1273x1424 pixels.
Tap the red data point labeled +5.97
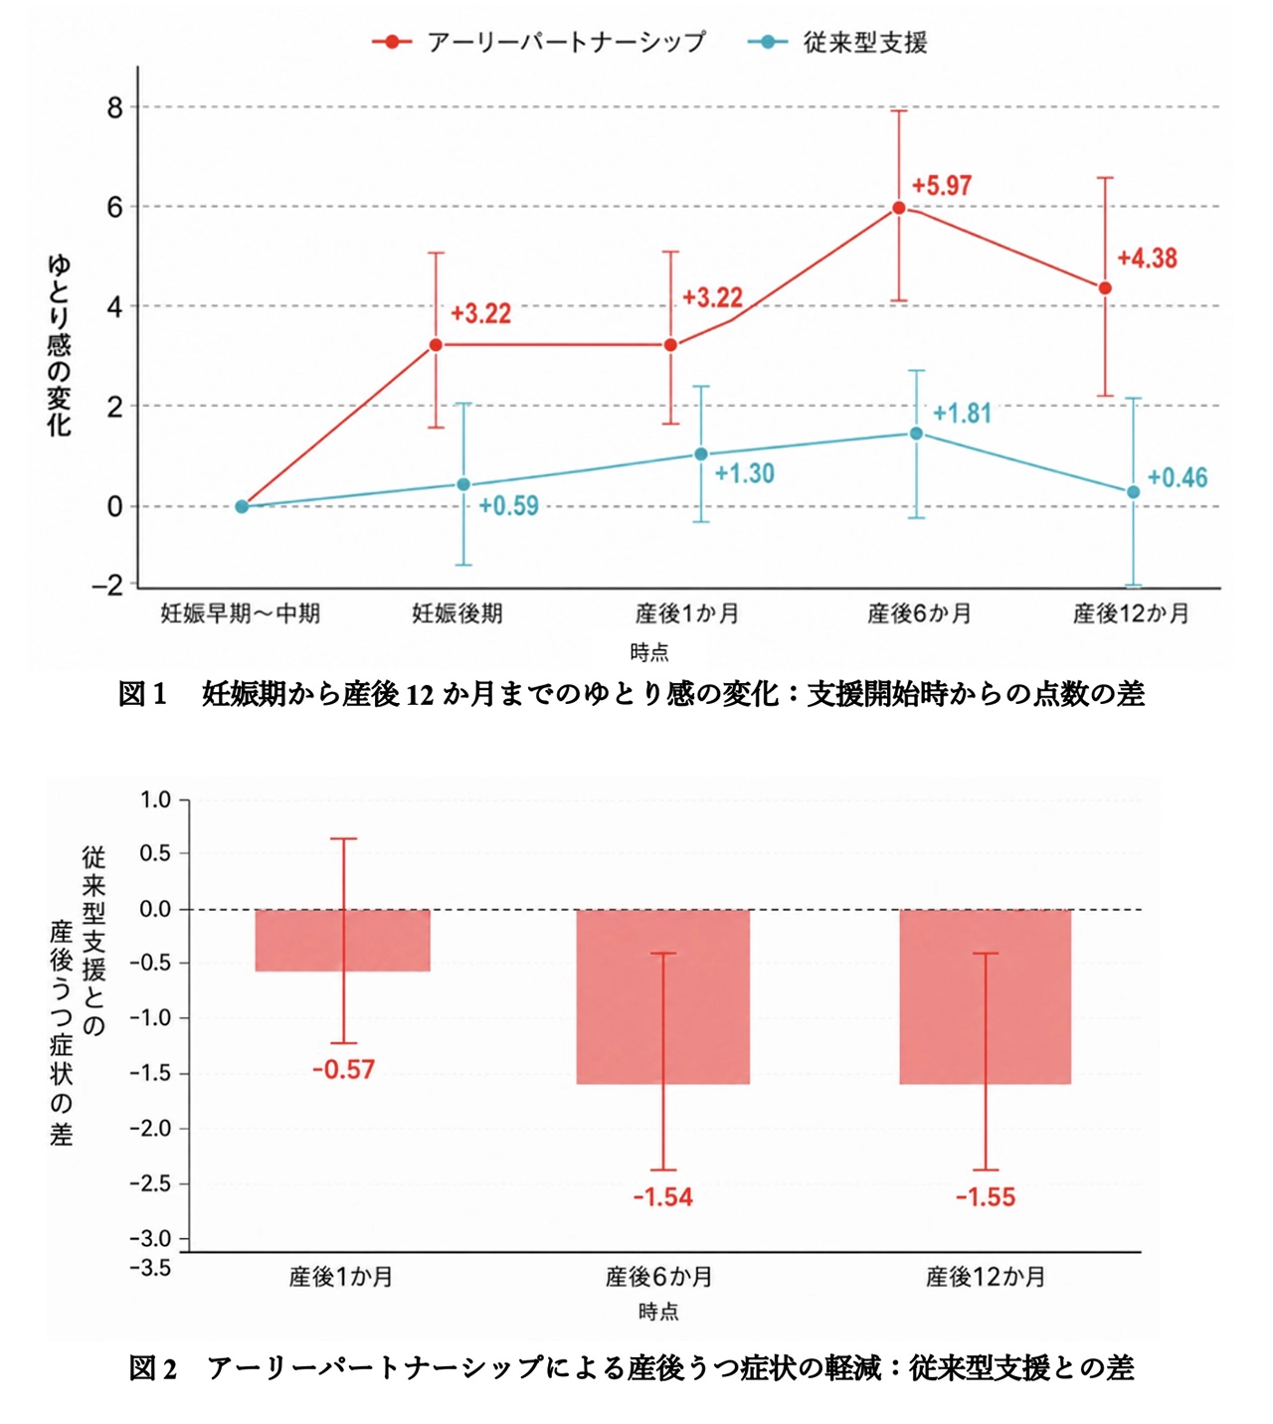898,208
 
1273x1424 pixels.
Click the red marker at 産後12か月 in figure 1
1105,288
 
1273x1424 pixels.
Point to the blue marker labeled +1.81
916,434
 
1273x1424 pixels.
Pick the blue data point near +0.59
463,484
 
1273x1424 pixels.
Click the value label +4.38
1147,259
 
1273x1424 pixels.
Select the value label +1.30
744,473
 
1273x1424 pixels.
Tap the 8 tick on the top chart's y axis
114,107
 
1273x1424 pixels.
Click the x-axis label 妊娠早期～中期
241,614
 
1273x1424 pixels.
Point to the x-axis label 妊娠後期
456,614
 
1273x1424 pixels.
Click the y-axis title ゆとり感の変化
59,346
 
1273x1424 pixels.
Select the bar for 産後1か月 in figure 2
342,941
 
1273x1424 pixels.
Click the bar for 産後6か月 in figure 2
663,996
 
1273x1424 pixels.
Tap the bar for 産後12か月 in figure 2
985,996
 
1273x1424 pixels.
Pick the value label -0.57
344,1070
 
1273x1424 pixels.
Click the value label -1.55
986,1197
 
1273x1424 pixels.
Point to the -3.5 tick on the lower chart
150,1268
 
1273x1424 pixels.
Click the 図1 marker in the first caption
142,694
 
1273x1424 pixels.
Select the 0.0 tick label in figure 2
154,910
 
